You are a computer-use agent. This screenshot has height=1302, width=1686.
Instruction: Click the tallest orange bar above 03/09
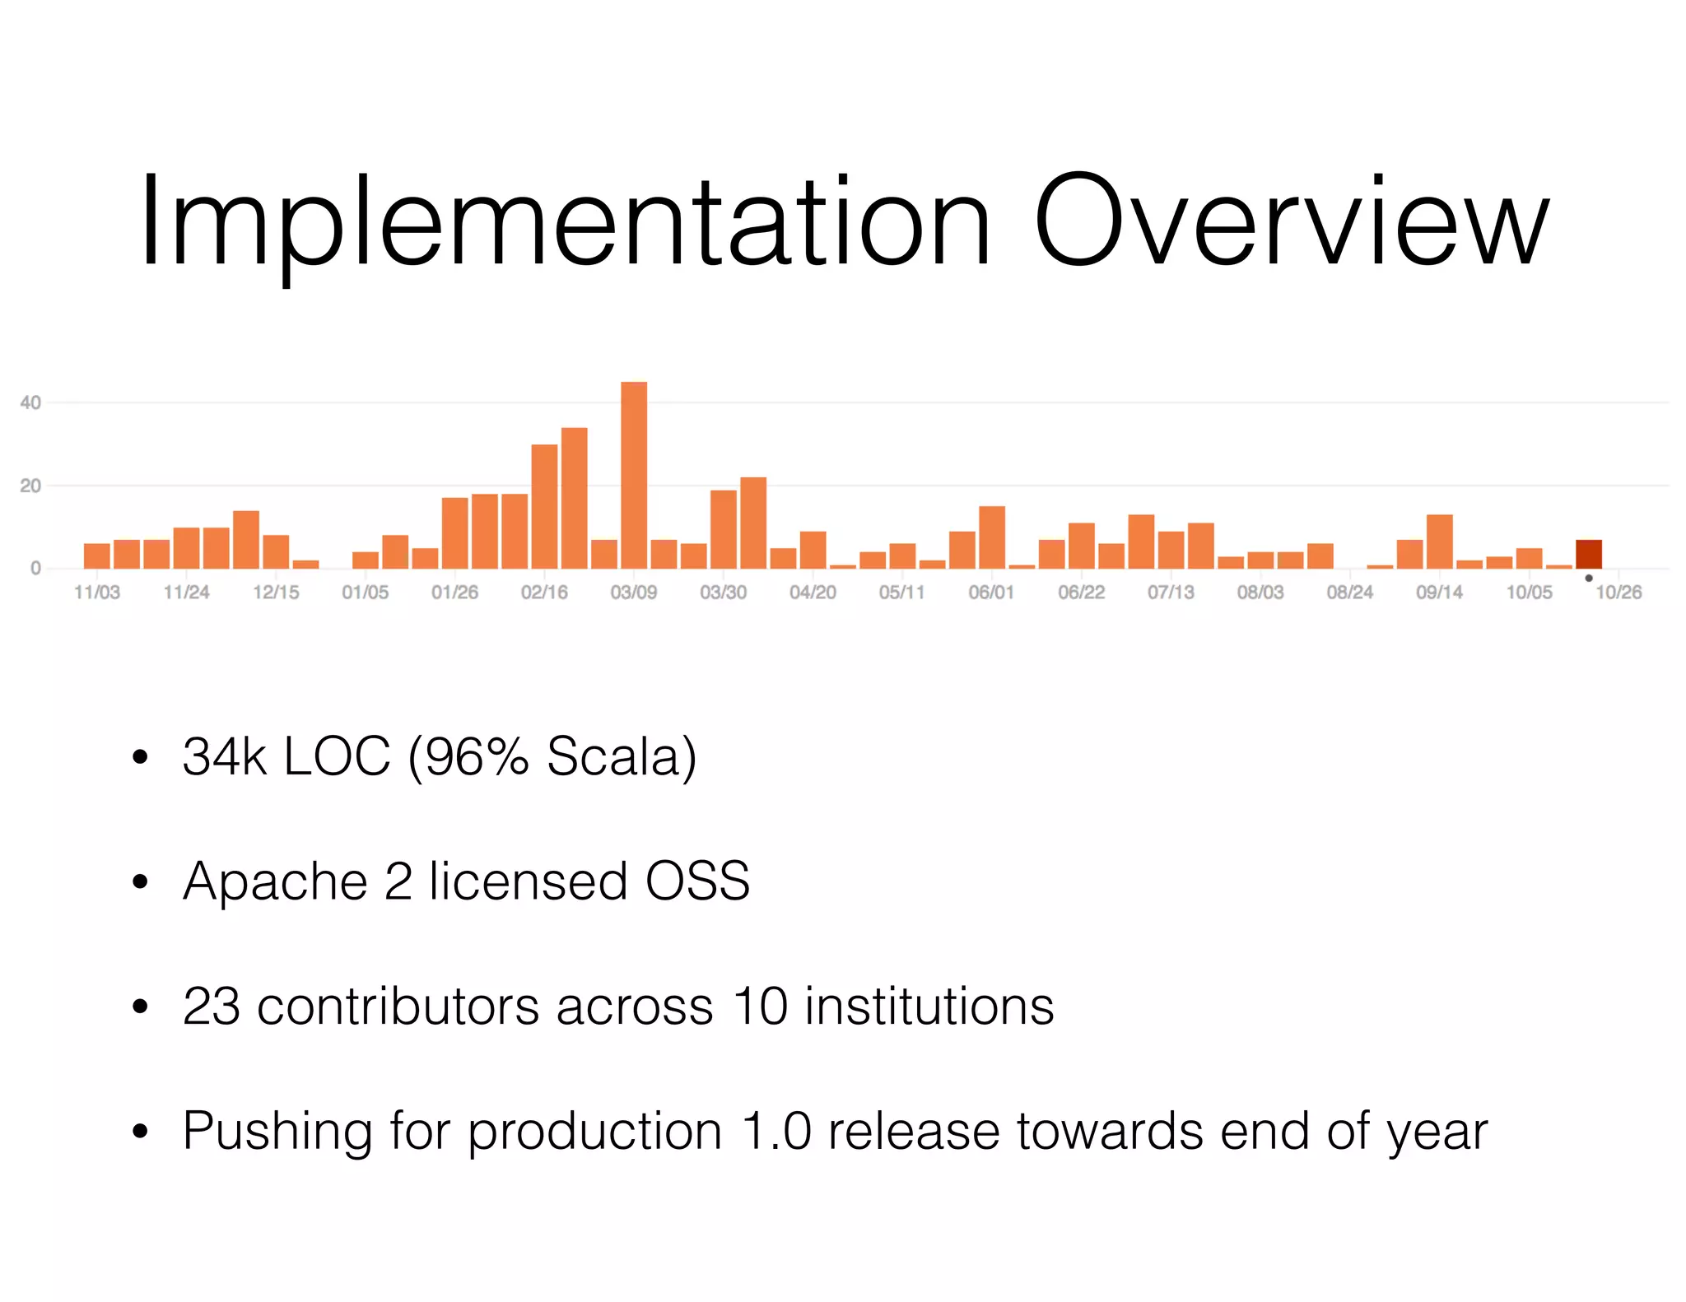[633, 475]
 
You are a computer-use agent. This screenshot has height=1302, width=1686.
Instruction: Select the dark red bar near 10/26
[1588, 554]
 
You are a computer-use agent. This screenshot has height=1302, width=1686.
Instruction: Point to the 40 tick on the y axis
[30, 402]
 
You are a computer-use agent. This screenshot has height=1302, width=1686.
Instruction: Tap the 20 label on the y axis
[30, 486]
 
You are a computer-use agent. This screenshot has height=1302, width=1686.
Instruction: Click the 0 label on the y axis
[35, 568]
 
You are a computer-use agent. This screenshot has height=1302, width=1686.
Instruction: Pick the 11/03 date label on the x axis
[96, 593]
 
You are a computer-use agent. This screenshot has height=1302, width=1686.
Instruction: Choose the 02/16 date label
[544, 593]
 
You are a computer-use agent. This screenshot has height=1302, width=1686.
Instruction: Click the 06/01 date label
[991, 593]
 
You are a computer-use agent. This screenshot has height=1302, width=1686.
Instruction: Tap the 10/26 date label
[1618, 593]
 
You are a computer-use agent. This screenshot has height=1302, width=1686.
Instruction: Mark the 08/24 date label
[1349, 593]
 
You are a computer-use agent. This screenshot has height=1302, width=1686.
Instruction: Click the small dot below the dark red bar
[1588, 578]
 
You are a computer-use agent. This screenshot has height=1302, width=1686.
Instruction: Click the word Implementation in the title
[565, 222]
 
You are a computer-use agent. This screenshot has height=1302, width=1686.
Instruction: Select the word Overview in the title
[1291, 222]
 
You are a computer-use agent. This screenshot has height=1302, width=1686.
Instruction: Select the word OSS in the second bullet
[697, 881]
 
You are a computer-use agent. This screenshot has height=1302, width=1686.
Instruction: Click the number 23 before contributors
[212, 1006]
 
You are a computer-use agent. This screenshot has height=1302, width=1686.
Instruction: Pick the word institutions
[929, 1006]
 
